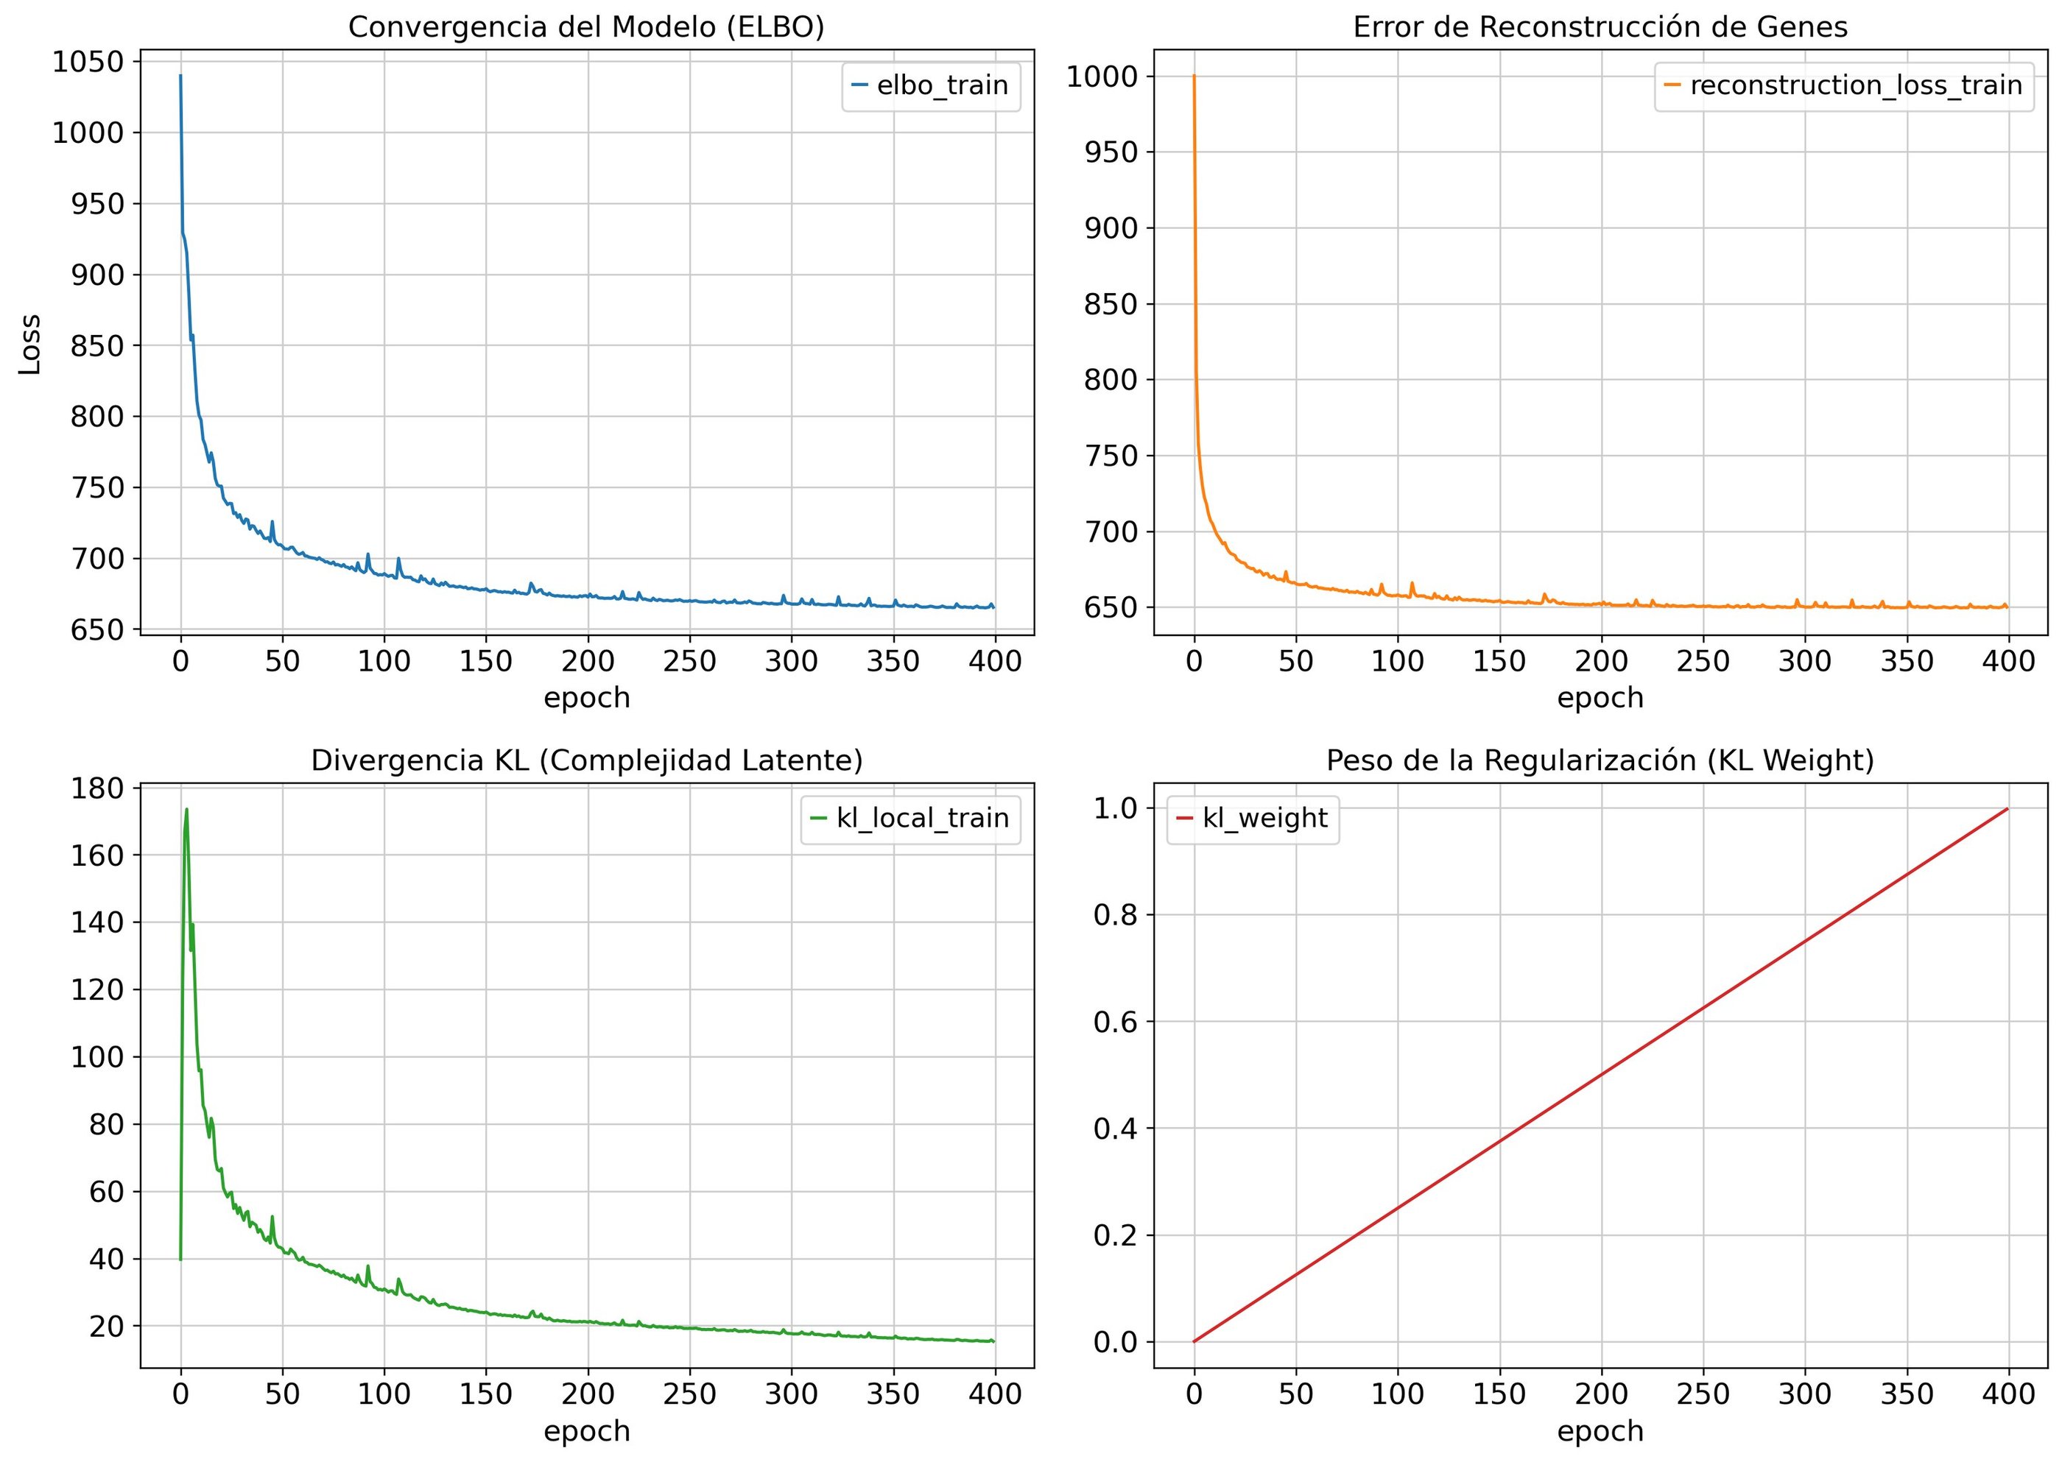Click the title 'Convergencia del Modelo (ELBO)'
(586, 28)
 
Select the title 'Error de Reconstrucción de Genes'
(1600, 28)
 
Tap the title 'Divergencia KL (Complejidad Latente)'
(586, 760)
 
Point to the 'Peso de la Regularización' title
(1600, 760)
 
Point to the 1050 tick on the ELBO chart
(88, 62)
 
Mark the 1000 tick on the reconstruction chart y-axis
(1102, 77)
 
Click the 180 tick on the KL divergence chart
(97, 788)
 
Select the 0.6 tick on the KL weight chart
(1115, 1022)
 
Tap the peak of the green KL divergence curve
(186, 809)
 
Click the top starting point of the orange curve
(1194, 77)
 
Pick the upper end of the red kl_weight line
(2007, 809)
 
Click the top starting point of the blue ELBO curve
(180, 77)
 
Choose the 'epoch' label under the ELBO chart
(586, 698)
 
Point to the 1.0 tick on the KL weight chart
(1115, 808)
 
